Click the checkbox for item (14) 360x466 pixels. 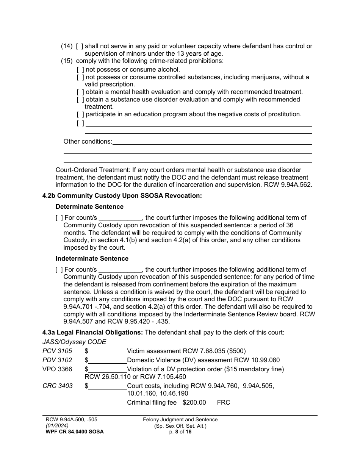(80, 46)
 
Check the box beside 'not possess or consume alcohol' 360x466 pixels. (80, 70)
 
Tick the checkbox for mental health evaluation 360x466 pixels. (80, 92)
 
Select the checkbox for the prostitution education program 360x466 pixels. (80, 114)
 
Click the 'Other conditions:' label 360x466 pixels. (88, 142)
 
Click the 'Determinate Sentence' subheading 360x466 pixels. (89, 207)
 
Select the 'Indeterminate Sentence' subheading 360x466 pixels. (92, 259)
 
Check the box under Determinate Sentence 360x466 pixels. (59, 218)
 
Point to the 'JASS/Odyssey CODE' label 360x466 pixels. (74, 342)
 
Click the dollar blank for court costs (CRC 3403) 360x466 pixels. (108, 386)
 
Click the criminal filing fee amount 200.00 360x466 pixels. (196, 403)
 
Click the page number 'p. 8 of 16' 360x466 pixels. (180, 432)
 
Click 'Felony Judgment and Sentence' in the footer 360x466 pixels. (180, 420)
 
